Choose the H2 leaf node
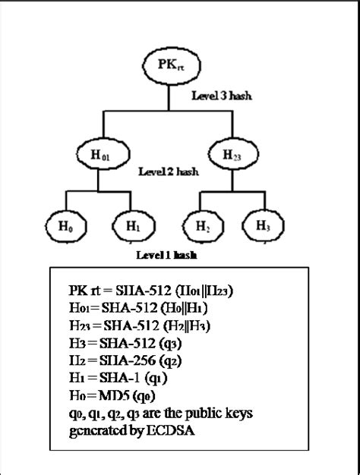pyautogui.click(x=201, y=226)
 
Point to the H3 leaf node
pyautogui.click(x=261, y=226)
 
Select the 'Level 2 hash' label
pyautogui.click(x=169, y=172)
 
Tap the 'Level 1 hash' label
pyautogui.click(x=166, y=256)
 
